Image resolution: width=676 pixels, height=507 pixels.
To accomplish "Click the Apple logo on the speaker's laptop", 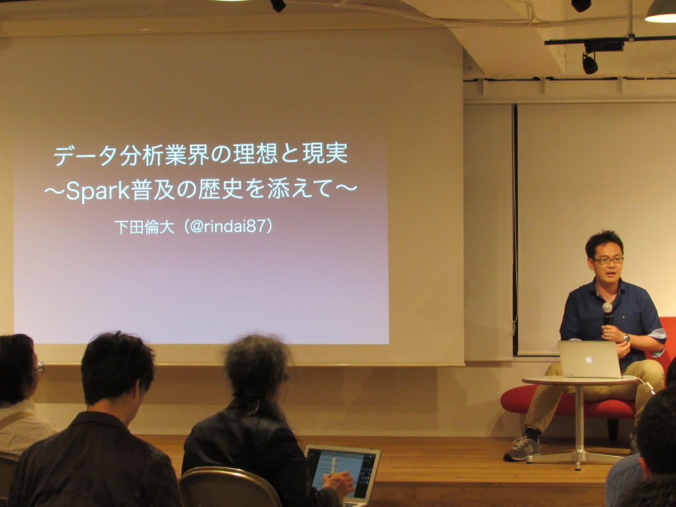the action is [x=589, y=358].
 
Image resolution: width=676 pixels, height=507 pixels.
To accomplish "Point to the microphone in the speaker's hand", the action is [x=607, y=314].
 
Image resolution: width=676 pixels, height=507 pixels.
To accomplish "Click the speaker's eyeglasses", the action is [x=608, y=260].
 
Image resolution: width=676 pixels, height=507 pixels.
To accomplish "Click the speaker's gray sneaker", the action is [x=522, y=448].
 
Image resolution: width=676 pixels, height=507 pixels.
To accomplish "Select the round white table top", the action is [x=580, y=380].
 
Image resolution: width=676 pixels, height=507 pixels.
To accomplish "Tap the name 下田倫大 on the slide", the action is [x=145, y=227].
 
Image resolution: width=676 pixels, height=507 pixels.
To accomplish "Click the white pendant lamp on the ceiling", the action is [x=660, y=12].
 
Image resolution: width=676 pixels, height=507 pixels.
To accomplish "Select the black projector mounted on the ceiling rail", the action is [x=603, y=46].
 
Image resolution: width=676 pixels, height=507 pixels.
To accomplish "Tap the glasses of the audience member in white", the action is [x=40, y=368].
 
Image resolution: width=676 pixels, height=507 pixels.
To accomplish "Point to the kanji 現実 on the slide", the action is [x=325, y=153].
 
